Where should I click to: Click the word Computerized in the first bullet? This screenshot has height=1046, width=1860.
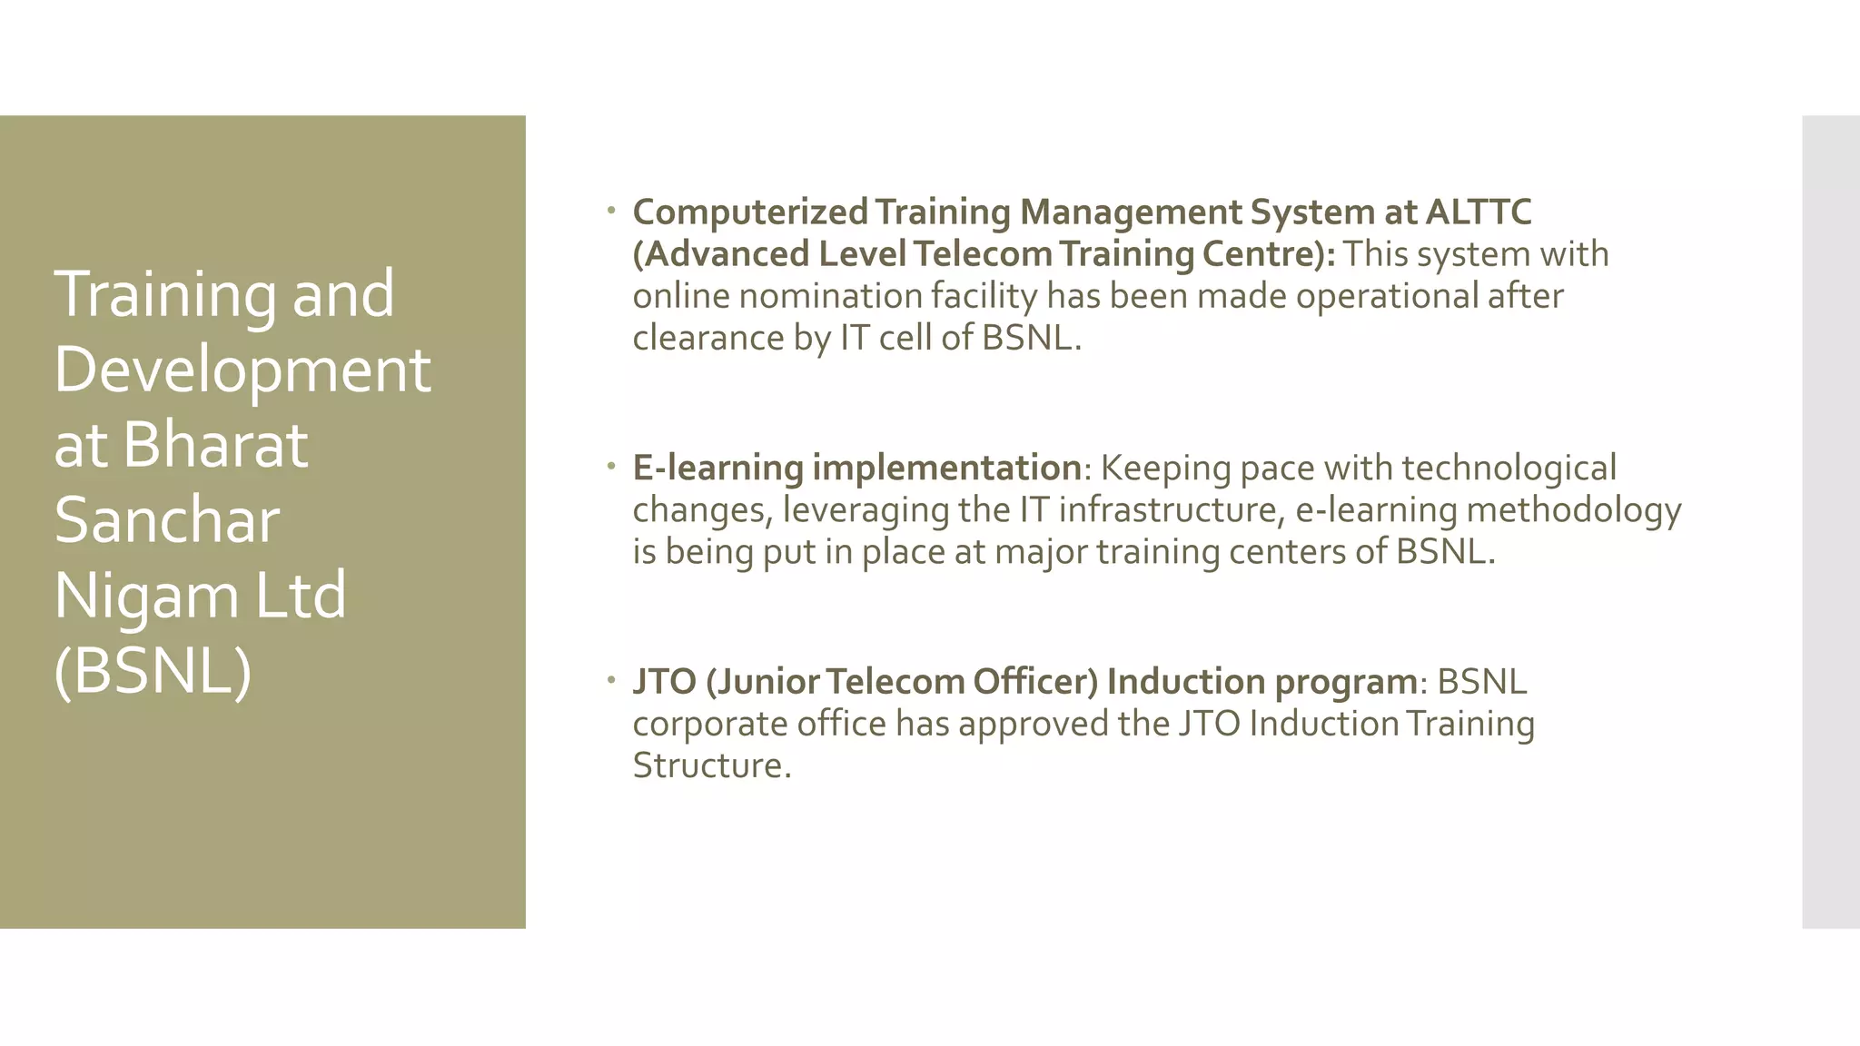click(750, 212)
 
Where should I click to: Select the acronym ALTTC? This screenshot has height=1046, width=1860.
click(1479, 212)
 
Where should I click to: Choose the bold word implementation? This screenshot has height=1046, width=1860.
click(946, 469)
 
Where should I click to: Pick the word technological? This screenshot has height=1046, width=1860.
click(1509, 469)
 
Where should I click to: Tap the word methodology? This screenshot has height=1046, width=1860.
click(1574, 510)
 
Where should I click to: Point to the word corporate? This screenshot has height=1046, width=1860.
click(709, 725)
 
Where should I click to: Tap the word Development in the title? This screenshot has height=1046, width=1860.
click(242, 370)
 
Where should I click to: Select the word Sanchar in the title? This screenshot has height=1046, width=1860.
click(167, 520)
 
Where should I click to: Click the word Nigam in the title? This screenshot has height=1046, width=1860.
click(146, 596)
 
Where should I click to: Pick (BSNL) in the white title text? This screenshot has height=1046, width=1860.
click(153, 671)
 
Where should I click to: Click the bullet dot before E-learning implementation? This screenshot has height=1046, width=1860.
click(611, 467)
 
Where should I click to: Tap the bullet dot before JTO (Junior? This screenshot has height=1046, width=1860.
click(611, 680)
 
